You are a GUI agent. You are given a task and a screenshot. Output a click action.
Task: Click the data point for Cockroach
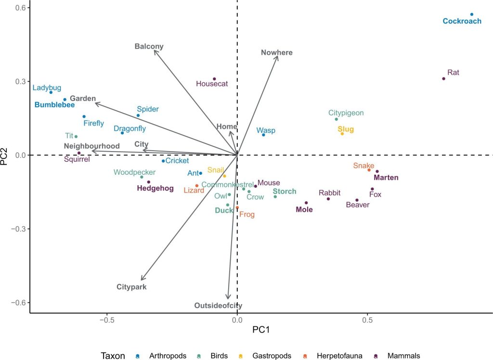coord(472,14)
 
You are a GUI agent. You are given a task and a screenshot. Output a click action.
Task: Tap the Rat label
coord(453,73)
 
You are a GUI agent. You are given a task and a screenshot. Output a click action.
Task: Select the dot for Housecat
coord(214,79)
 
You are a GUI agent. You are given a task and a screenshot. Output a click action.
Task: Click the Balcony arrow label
coord(149,47)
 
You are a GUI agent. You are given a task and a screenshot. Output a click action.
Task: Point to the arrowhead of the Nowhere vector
coord(278,57)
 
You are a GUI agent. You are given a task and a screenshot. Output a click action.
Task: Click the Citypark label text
coord(131,287)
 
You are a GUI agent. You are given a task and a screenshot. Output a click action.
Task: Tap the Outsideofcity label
coord(218,306)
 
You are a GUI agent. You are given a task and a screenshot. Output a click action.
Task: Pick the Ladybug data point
coord(51,92)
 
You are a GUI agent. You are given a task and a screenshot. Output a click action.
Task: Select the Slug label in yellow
coord(346,129)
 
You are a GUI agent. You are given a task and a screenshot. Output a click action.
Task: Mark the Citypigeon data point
coord(337,119)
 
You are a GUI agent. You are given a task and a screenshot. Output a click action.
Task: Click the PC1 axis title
coord(261,330)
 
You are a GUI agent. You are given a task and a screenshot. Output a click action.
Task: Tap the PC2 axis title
coord(6,155)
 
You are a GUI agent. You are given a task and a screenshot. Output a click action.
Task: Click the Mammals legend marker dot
coord(376,356)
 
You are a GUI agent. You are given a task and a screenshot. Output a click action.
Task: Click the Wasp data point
coord(263,135)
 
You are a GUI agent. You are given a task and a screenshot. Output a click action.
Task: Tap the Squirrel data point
coord(79,153)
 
